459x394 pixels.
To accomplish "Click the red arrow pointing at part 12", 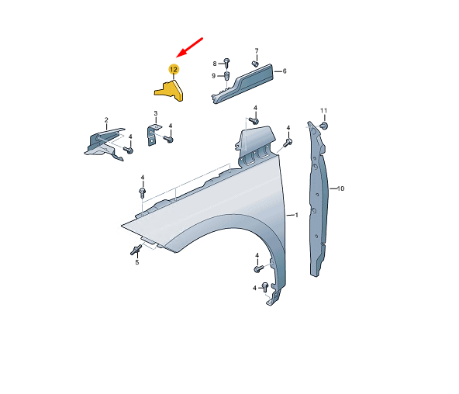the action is pyautogui.click(x=189, y=47).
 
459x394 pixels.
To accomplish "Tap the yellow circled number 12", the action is pyautogui.click(x=174, y=69).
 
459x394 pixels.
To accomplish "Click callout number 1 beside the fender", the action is pyautogui.click(x=296, y=215).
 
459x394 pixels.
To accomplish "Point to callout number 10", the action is pyautogui.click(x=340, y=188).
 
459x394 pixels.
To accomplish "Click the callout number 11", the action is pyautogui.click(x=323, y=111).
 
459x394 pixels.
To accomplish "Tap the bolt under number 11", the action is pyautogui.click(x=324, y=126).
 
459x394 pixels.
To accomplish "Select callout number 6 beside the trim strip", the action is pyautogui.click(x=285, y=71).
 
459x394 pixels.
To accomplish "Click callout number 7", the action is pyautogui.click(x=257, y=51).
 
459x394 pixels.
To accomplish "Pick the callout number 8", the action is pyautogui.click(x=215, y=64).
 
